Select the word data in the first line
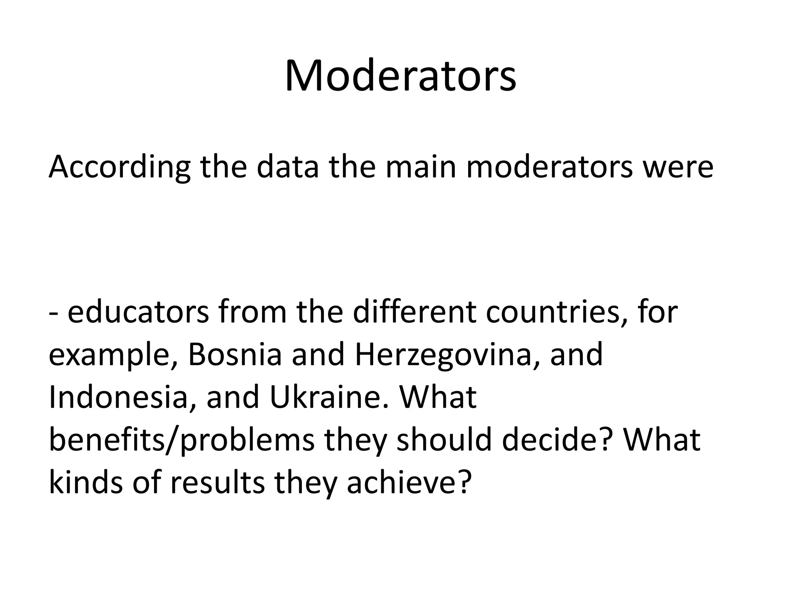click(x=287, y=167)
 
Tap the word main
click(x=421, y=167)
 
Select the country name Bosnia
click(x=235, y=354)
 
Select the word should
click(x=444, y=440)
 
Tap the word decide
click(x=556, y=440)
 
